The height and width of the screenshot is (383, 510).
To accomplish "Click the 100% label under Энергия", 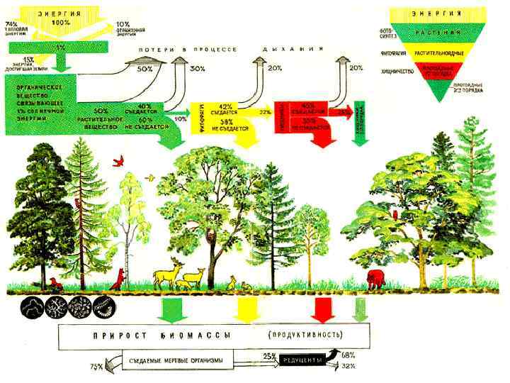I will (61, 23).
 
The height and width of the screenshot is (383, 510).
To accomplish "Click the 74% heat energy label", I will (12, 24).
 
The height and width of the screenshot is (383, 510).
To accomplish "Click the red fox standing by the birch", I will (119, 278).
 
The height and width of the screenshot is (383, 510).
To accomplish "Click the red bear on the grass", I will (376, 278).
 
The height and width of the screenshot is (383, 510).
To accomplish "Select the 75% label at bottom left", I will (96, 367).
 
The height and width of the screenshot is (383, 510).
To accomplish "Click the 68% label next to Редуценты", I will (348, 354).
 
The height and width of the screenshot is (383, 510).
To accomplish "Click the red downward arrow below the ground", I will (323, 311).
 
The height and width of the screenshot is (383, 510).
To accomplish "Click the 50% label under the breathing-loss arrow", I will (144, 69).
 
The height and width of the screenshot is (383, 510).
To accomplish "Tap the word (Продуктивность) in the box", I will (306, 333).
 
